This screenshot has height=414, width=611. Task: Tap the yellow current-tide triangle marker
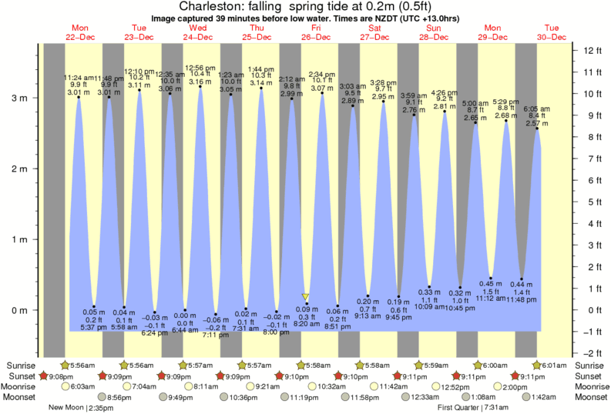[306, 296]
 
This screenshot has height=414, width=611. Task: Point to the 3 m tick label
[18, 98]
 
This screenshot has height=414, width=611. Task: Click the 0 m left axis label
[18, 310]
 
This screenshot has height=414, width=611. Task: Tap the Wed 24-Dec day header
[198, 32]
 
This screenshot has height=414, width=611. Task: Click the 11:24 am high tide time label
[78, 78]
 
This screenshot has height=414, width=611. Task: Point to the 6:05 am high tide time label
[538, 109]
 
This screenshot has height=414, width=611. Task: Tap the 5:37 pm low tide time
[93, 327]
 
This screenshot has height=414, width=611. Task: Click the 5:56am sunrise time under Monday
[83, 364]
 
